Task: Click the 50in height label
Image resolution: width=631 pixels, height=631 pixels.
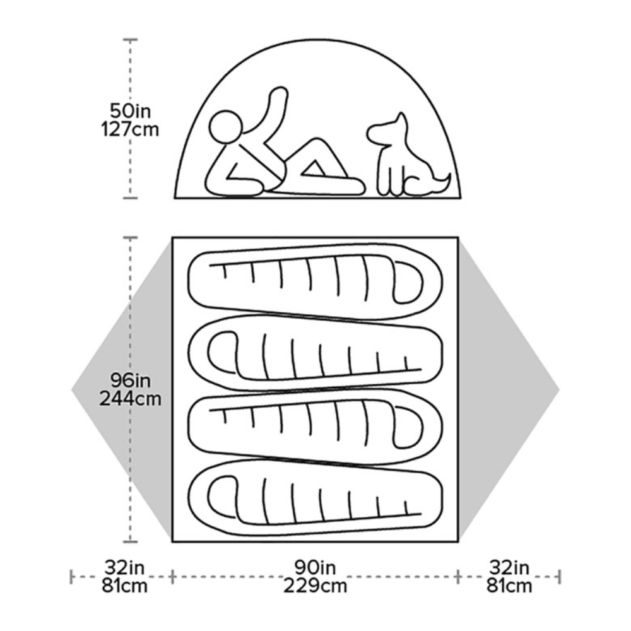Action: (131, 110)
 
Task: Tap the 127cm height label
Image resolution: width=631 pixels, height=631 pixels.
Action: (131, 129)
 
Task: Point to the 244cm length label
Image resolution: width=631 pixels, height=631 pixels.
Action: (131, 399)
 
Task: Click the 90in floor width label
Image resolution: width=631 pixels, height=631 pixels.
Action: (315, 566)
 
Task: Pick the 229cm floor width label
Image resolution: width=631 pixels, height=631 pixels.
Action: (315, 585)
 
